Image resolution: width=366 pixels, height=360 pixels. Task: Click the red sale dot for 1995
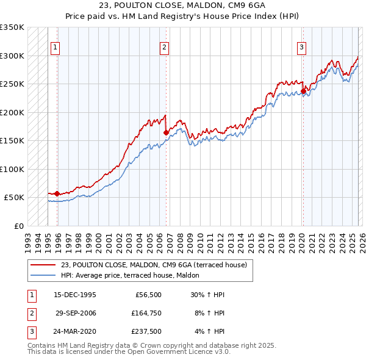pos(57,193)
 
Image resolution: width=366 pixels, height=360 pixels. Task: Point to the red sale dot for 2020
pos(303,91)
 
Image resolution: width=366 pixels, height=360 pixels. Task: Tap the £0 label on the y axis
pos(18,226)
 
